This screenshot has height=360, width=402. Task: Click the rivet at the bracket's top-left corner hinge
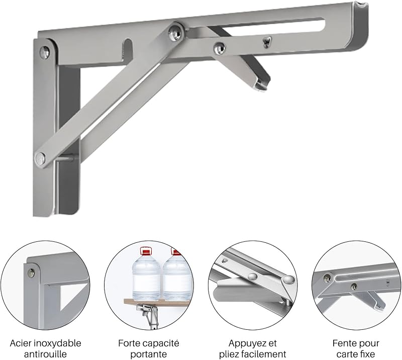tap(45, 52)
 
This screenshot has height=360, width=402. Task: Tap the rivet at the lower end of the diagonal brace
tap(41, 158)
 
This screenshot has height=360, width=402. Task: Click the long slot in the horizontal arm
tap(256, 27)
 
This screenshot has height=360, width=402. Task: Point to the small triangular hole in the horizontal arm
tap(267, 42)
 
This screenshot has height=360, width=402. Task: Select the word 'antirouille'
tap(45, 354)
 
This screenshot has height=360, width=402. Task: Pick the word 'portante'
tap(148, 354)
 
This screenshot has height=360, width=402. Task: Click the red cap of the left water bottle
tap(146, 252)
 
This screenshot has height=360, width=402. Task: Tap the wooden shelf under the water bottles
tap(157, 302)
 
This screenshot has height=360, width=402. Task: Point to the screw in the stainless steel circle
tap(32, 272)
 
